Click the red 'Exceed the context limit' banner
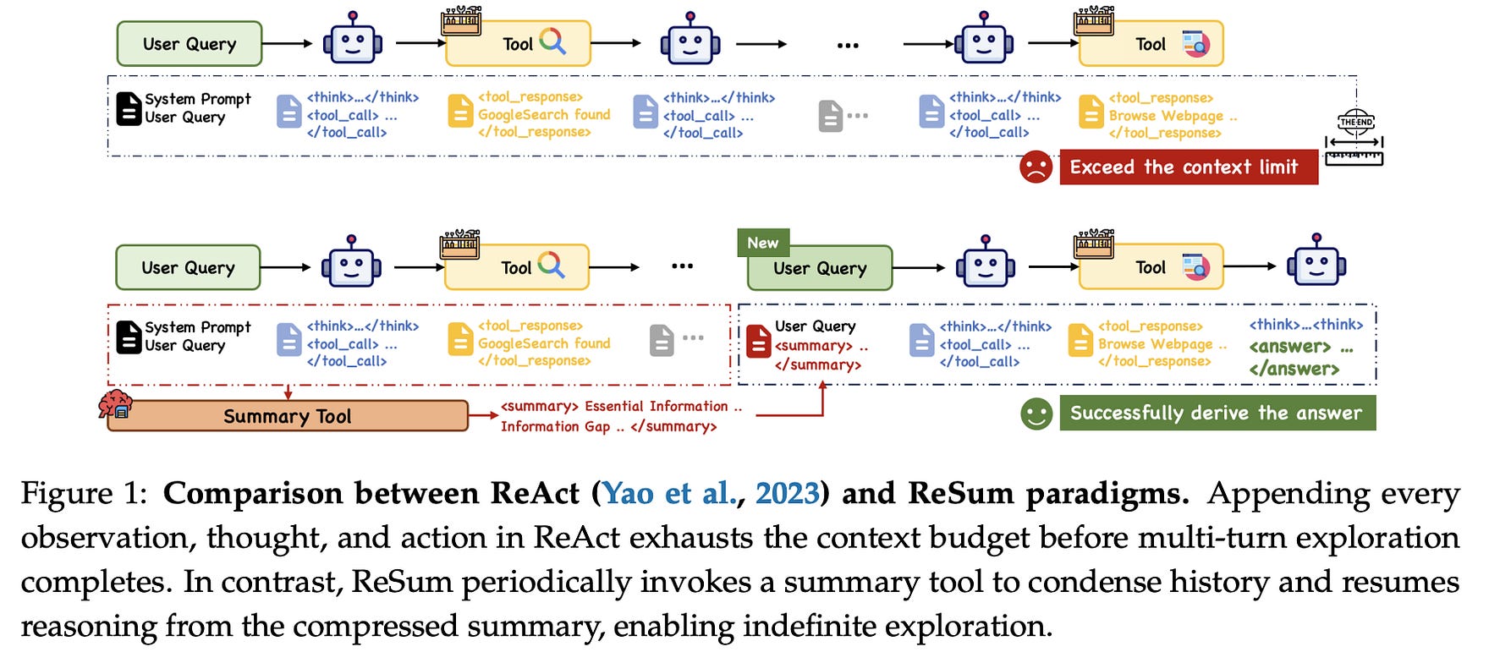click(1188, 167)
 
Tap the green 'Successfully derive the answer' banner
click(1217, 413)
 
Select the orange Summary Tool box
click(288, 416)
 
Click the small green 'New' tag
click(762, 243)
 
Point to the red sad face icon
click(1036, 167)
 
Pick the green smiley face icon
click(1036, 414)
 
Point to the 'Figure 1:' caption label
click(86, 493)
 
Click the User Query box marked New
click(819, 268)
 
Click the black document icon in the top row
click(129, 109)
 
